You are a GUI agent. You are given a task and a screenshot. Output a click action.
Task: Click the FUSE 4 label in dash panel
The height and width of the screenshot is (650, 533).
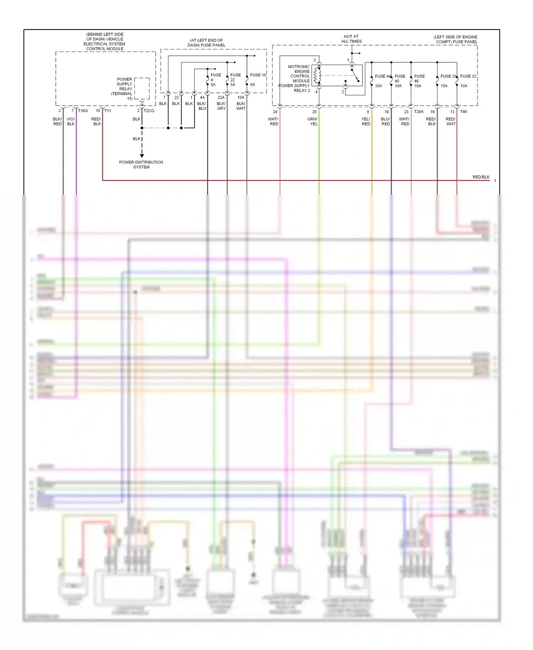[215, 78]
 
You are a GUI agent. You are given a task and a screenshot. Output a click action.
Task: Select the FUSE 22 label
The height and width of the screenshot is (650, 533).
[235, 78]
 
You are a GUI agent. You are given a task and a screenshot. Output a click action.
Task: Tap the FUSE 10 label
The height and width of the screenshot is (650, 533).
[258, 75]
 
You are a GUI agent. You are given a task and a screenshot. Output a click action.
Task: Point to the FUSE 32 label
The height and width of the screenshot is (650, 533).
[468, 76]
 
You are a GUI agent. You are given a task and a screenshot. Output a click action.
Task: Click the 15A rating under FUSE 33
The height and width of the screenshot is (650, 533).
[444, 86]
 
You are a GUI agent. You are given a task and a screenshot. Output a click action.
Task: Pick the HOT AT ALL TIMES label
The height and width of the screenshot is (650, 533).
[351, 39]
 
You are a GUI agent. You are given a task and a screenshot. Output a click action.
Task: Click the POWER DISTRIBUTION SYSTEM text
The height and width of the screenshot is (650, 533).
[141, 165]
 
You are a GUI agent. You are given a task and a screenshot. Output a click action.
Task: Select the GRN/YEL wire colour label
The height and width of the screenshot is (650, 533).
[313, 122]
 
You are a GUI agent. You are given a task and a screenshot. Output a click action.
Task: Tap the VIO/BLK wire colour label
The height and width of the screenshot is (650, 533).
[71, 122]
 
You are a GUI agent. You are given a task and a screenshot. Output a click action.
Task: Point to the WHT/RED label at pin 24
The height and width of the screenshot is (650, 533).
[273, 122]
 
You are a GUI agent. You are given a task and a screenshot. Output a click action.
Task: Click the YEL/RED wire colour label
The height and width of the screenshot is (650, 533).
[366, 122]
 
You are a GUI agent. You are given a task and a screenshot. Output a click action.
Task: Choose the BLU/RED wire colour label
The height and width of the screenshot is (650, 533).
[386, 122]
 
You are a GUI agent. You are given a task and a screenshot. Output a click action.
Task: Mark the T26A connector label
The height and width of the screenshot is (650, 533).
[419, 112]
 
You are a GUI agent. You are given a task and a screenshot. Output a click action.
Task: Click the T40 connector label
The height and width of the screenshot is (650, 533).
[463, 112]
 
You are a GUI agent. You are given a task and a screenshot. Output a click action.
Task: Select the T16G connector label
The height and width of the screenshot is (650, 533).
[83, 111]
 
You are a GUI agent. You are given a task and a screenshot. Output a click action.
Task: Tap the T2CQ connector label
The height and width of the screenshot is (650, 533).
[149, 111]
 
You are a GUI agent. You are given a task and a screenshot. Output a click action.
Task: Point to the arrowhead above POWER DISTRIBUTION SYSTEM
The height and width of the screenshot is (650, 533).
[142, 156]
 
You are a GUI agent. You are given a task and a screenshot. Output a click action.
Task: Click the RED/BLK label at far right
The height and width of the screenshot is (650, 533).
[481, 177]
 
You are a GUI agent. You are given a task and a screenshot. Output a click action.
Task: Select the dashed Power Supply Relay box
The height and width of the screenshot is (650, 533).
[142, 89]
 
